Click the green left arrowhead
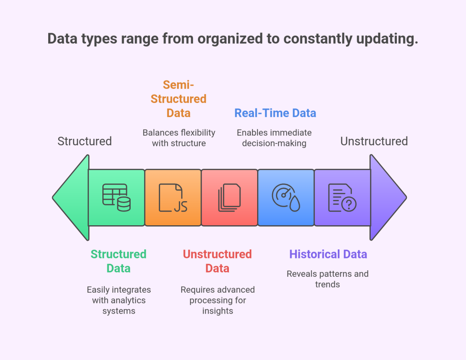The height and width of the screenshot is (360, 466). (71, 198)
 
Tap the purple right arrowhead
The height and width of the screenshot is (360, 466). (387, 198)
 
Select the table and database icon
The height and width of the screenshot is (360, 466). (116, 198)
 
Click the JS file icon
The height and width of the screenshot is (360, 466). (173, 198)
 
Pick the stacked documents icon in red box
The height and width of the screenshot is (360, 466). (229, 198)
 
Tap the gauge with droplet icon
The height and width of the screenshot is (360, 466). (286, 198)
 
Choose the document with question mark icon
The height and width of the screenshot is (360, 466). (342, 198)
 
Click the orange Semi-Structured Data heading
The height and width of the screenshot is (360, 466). (178, 98)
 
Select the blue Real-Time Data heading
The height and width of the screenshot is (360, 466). (275, 113)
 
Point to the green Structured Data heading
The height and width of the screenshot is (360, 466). (118, 261)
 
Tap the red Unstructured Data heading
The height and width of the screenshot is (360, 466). (217, 261)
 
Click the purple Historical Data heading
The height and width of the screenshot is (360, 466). (328, 254)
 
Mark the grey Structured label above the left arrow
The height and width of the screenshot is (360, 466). (84, 141)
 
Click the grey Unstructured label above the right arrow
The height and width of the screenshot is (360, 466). (374, 141)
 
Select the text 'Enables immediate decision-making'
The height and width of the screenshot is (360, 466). (274, 138)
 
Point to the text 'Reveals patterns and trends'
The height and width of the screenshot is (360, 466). (327, 279)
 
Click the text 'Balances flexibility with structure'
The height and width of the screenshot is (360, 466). (178, 138)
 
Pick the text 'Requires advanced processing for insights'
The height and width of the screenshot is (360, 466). (218, 300)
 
